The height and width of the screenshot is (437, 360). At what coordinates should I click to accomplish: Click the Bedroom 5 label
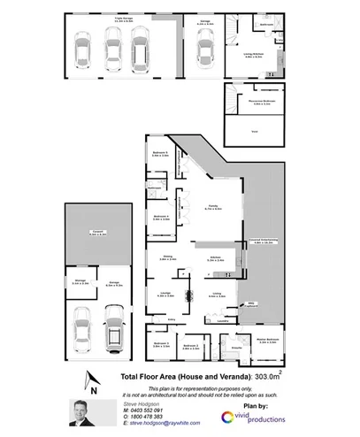[x=160, y=153]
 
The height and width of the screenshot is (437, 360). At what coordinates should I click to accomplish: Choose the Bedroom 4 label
[x=160, y=217]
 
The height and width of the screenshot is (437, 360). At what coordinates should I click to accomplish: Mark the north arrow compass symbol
[x=89, y=381]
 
